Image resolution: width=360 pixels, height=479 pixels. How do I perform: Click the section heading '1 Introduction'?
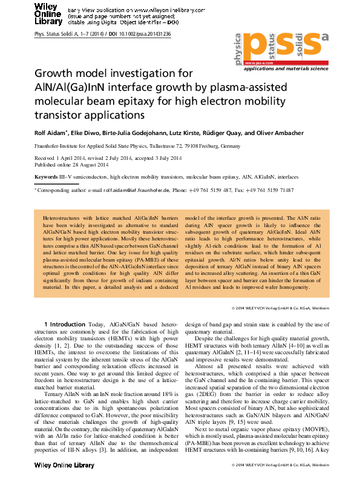coord(65,324)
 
